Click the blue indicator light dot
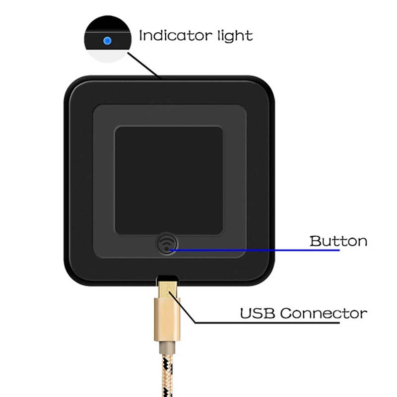pyautogui.click(x=107, y=41)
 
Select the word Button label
pyautogui.click(x=338, y=241)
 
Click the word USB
pyautogui.click(x=257, y=313)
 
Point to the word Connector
pyautogui.click(x=324, y=313)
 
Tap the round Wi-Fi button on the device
pyautogui.click(x=167, y=244)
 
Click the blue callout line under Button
pyautogui.click(x=255, y=250)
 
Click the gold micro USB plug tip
pyautogui.click(x=168, y=289)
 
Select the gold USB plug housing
pyautogui.click(x=167, y=320)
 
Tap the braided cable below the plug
pyautogui.click(x=167, y=375)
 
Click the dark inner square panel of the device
pyautogui.click(x=169, y=180)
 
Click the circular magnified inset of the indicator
pyautogui.click(x=108, y=39)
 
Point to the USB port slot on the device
pyautogui.click(x=167, y=278)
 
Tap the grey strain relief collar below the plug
pyautogui.click(x=167, y=347)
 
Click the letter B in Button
pyautogui.click(x=315, y=241)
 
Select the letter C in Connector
pyautogui.click(x=286, y=313)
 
